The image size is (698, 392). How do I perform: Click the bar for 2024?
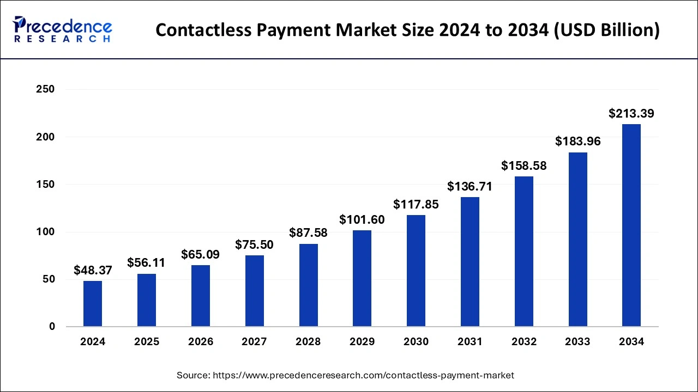coord(93,304)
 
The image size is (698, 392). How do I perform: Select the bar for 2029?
coord(362,278)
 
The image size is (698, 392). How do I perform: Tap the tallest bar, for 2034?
coord(631,225)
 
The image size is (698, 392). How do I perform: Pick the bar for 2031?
coord(470,262)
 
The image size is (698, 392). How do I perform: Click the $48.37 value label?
coord(93,270)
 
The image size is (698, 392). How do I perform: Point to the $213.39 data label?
coord(631,114)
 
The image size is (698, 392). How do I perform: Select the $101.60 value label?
coord(362,220)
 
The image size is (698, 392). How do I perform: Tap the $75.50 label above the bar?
coord(254,245)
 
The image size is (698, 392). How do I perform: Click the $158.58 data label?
coord(523,166)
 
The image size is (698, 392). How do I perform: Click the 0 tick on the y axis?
coord(51,327)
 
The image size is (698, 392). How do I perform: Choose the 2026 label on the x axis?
coord(201,342)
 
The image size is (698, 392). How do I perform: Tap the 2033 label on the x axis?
coord(577,342)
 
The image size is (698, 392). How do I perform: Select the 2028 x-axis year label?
coord(308,342)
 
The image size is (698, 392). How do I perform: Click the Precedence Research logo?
coord(63,29)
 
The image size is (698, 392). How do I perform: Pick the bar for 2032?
coord(523,252)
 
